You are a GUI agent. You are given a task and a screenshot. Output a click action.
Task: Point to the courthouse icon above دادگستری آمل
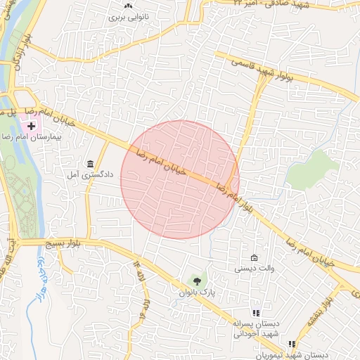(91, 162)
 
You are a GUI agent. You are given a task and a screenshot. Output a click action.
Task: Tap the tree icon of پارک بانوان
(196, 281)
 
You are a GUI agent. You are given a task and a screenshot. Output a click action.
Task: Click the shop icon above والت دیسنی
(254, 258)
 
